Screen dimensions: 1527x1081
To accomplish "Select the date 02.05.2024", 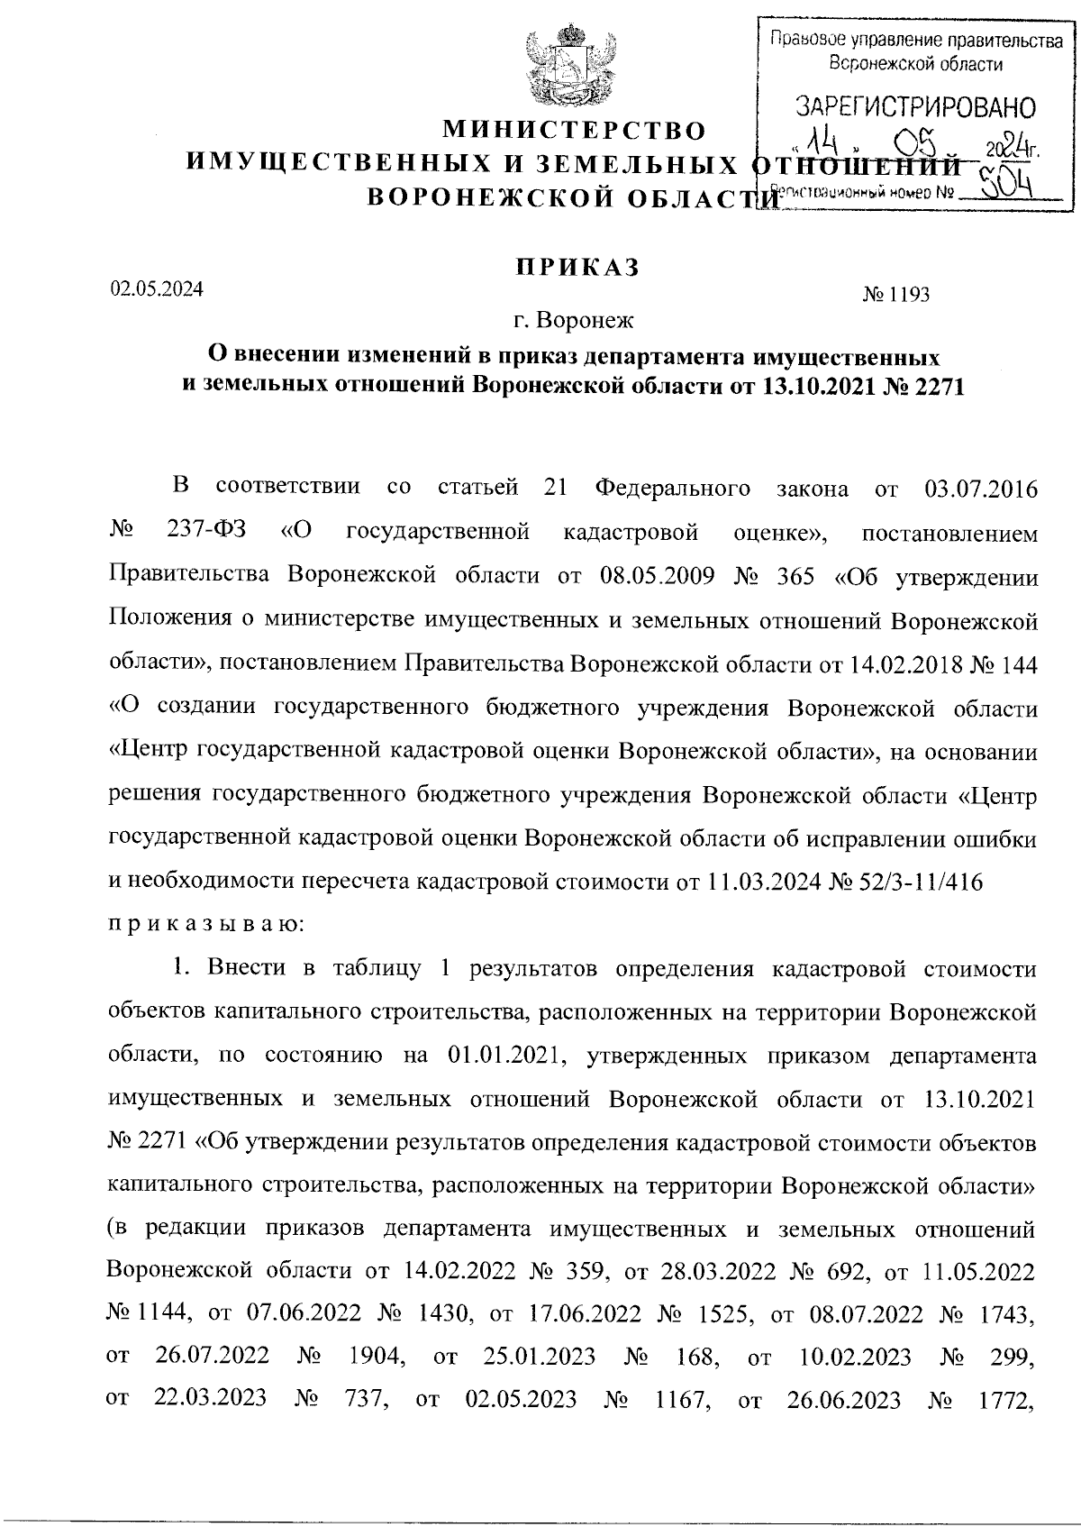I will [156, 290].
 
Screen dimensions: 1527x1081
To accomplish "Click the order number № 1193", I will [895, 294].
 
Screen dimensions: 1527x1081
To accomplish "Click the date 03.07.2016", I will [980, 489].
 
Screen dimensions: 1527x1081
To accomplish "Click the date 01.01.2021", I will [504, 1055].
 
